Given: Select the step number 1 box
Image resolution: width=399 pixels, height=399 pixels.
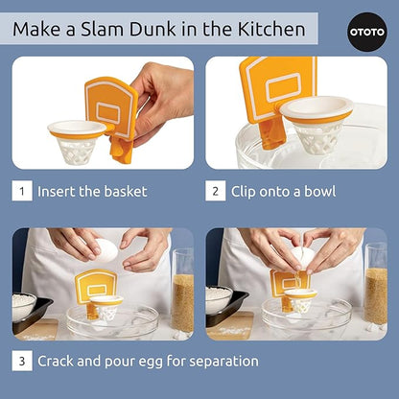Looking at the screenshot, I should (21, 191).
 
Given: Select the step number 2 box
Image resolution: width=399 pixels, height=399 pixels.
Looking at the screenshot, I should (216, 191).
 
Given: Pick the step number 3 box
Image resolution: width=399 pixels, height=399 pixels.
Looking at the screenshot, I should (21, 361).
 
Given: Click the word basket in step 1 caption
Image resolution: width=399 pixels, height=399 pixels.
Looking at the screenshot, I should (126, 191).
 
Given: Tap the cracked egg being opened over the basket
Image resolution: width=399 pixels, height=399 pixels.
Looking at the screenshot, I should (304, 257).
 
